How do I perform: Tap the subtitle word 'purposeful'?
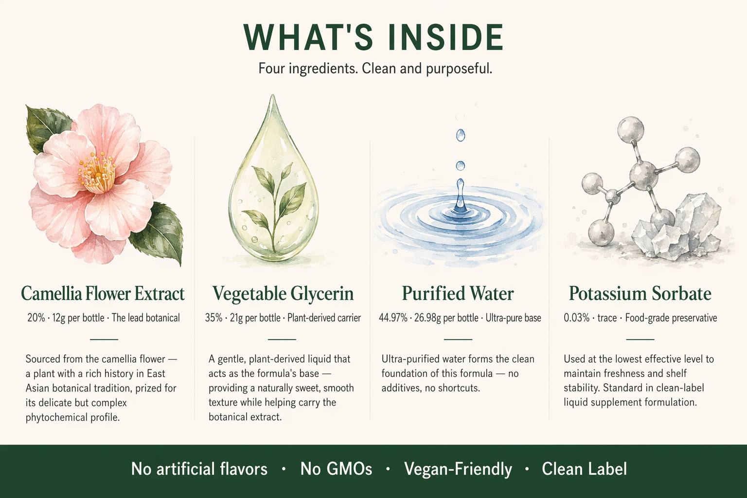[459, 69]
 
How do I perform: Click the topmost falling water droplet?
[461, 135]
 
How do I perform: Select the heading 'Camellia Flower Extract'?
[103, 294]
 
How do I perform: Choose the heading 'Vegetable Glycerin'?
[283, 294]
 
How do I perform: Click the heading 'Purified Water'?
[458, 294]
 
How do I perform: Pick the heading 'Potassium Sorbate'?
[640, 294]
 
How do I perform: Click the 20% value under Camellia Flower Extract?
[36, 318]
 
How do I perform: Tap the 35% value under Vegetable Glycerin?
[214, 318]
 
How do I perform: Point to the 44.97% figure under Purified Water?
[393, 318]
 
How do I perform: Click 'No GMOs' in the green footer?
[336, 469]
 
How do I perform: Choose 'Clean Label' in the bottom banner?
[584, 469]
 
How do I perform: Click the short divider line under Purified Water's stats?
[458, 339]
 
